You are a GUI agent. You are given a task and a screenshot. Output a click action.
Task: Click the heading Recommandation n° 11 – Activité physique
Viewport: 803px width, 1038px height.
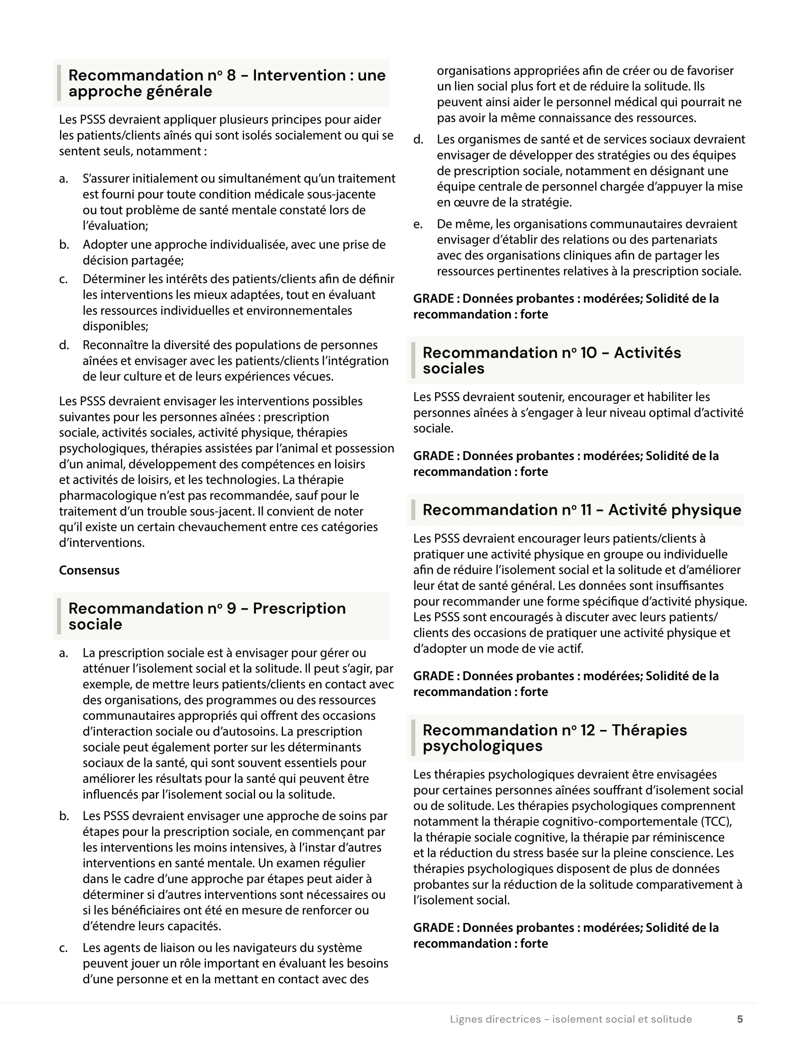[581, 510]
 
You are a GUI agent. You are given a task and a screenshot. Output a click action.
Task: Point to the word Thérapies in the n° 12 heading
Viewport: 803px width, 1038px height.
[649, 730]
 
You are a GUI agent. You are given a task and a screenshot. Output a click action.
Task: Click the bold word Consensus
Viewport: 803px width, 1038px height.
[89, 570]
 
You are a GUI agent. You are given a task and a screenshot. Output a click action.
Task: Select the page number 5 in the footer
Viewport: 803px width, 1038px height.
[740, 1019]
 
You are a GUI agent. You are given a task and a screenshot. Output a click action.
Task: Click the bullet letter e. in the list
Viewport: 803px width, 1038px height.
[418, 224]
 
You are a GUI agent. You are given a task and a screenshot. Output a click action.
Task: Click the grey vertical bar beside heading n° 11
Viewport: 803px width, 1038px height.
[413, 510]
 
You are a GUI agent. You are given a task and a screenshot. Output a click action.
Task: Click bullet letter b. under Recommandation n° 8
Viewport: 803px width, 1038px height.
[64, 245]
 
